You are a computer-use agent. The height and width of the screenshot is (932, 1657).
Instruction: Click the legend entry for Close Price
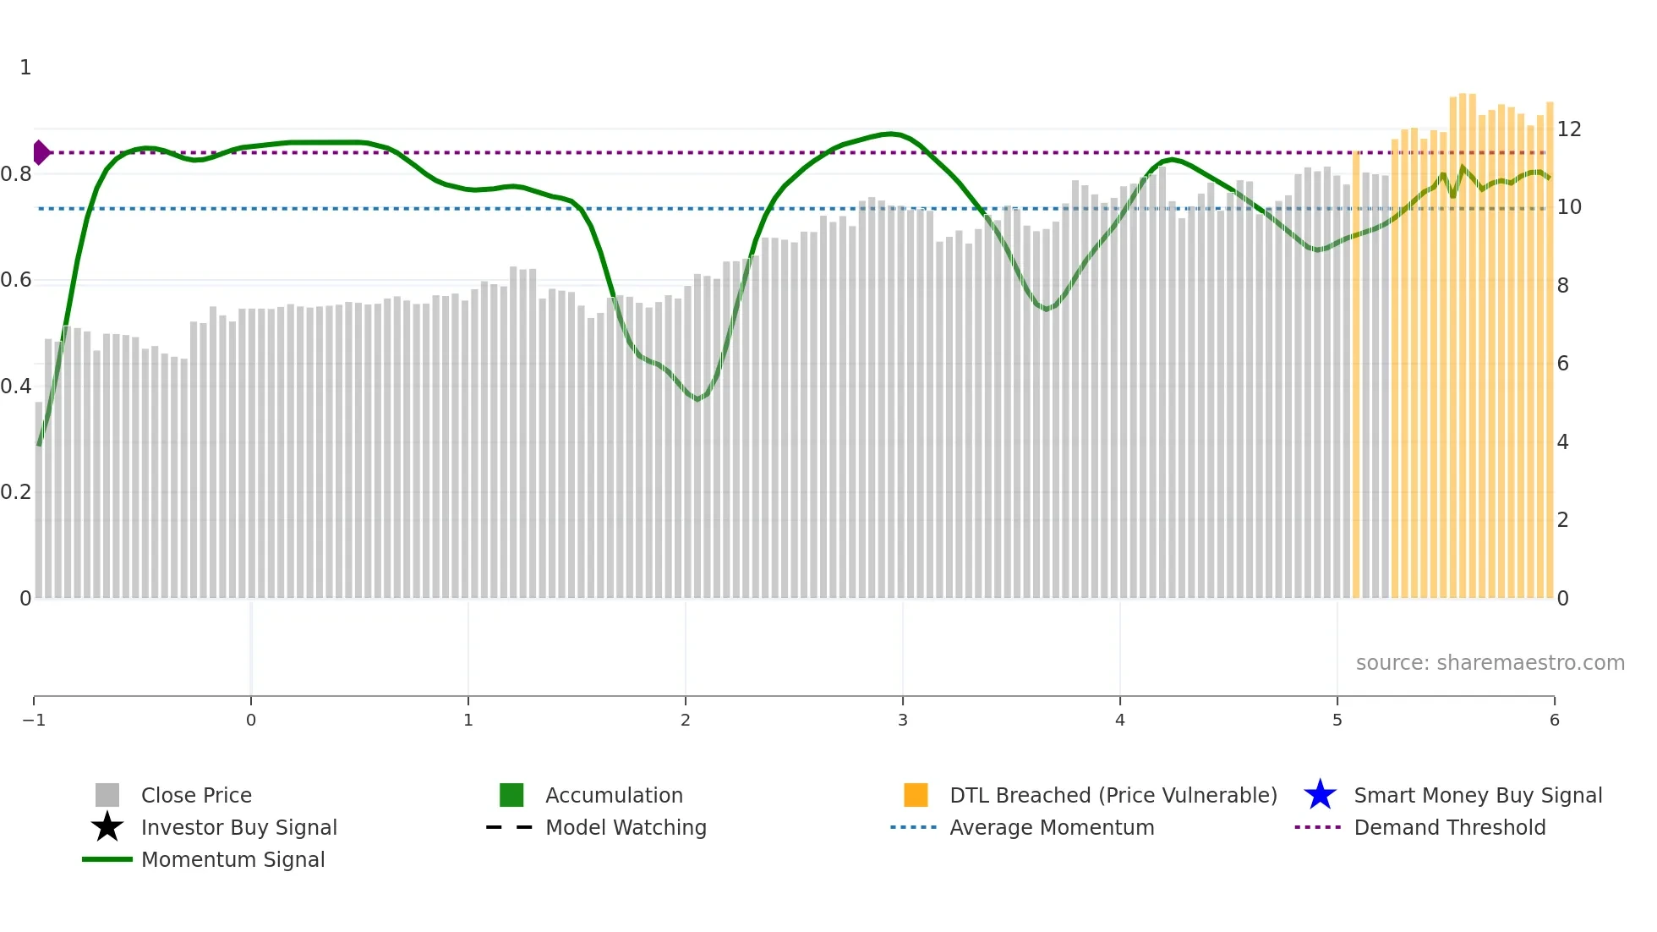195,795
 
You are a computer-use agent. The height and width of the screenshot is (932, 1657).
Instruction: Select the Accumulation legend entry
613,795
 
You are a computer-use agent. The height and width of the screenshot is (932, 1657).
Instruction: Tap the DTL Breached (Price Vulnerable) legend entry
1113,795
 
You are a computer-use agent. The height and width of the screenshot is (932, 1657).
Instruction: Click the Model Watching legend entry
625,827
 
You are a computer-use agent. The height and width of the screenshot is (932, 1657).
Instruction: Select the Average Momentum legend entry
1051,827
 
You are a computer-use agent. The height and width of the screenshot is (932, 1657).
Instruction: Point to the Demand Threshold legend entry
1449,827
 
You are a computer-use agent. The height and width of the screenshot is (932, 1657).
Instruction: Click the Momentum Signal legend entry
232,859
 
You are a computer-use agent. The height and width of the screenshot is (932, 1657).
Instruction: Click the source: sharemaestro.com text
1490,663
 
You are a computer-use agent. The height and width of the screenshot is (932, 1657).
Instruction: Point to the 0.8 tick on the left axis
16,174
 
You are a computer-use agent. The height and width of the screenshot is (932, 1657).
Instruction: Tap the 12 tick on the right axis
1569,129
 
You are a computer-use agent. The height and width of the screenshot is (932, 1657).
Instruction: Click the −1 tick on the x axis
34,721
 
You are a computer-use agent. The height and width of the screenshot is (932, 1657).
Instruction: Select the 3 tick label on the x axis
903,721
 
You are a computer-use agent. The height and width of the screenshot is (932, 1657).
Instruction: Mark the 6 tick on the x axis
1554,721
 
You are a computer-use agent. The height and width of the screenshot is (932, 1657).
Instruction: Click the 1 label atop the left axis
25,68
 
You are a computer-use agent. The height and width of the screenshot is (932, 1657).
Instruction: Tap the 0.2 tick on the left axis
16,492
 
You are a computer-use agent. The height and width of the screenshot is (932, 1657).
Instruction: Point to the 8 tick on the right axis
1563,286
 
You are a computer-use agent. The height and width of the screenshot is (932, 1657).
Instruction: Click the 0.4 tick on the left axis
16,387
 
